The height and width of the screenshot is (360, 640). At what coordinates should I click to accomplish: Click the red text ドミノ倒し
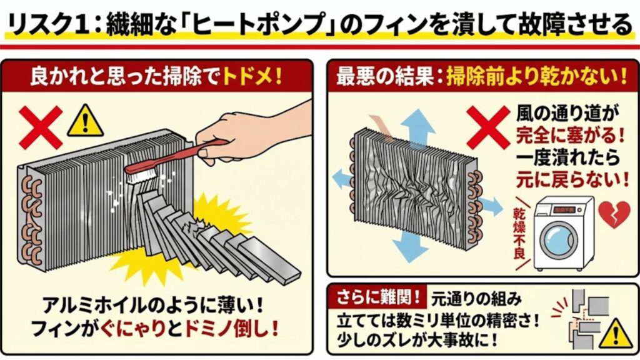[236, 327]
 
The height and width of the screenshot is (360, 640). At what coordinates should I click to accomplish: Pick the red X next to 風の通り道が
[489, 126]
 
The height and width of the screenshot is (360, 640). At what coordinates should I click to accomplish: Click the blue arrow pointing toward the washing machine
[489, 205]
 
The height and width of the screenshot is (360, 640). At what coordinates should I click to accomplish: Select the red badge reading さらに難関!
[373, 294]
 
